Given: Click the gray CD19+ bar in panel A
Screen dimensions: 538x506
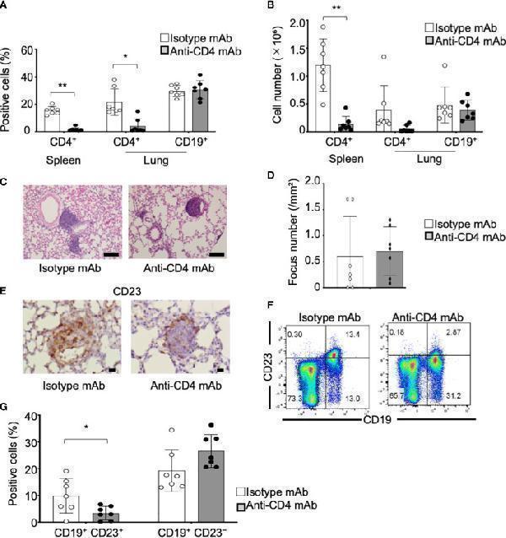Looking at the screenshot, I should (223, 109).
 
